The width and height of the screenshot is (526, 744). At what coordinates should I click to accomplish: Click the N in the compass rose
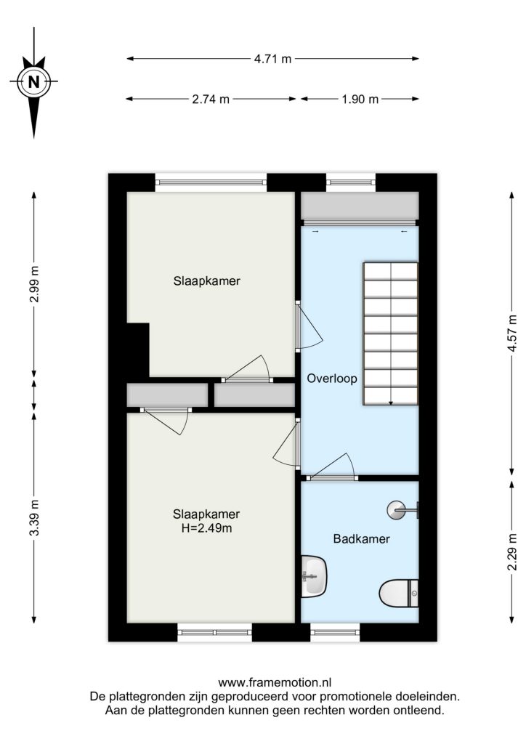click(33, 82)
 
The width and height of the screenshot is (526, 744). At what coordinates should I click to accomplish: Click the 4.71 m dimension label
click(272, 59)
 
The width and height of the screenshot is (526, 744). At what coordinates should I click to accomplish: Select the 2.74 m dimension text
click(211, 99)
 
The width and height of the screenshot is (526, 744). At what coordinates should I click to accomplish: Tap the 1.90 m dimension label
click(360, 99)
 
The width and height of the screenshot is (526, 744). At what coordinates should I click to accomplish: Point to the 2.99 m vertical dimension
click(34, 284)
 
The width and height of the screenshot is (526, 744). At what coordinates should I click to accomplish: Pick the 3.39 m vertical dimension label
click(34, 517)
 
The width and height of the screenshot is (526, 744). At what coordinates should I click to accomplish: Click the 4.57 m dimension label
click(511, 333)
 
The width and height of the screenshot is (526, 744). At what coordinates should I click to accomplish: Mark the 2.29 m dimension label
click(511, 552)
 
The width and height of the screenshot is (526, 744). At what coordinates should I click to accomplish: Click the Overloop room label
click(332, 379)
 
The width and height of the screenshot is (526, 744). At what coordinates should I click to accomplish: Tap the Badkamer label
click(361, 538)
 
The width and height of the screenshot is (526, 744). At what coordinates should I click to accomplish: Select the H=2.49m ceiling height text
click(206, 527)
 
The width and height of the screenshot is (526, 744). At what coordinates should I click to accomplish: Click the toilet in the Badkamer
click(398, 593)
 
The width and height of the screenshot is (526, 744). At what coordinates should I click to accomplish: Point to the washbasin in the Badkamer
click(314, 576)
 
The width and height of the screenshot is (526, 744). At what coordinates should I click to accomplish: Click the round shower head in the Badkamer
click(395, 510)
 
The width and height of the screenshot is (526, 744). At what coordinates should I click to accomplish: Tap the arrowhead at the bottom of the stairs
click(390, 403)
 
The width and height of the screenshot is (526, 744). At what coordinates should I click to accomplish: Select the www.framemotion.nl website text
click(275, 682)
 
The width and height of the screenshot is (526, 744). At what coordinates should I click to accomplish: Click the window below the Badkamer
click(335, 632)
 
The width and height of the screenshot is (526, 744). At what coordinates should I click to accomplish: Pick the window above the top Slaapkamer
click(211, 182)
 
